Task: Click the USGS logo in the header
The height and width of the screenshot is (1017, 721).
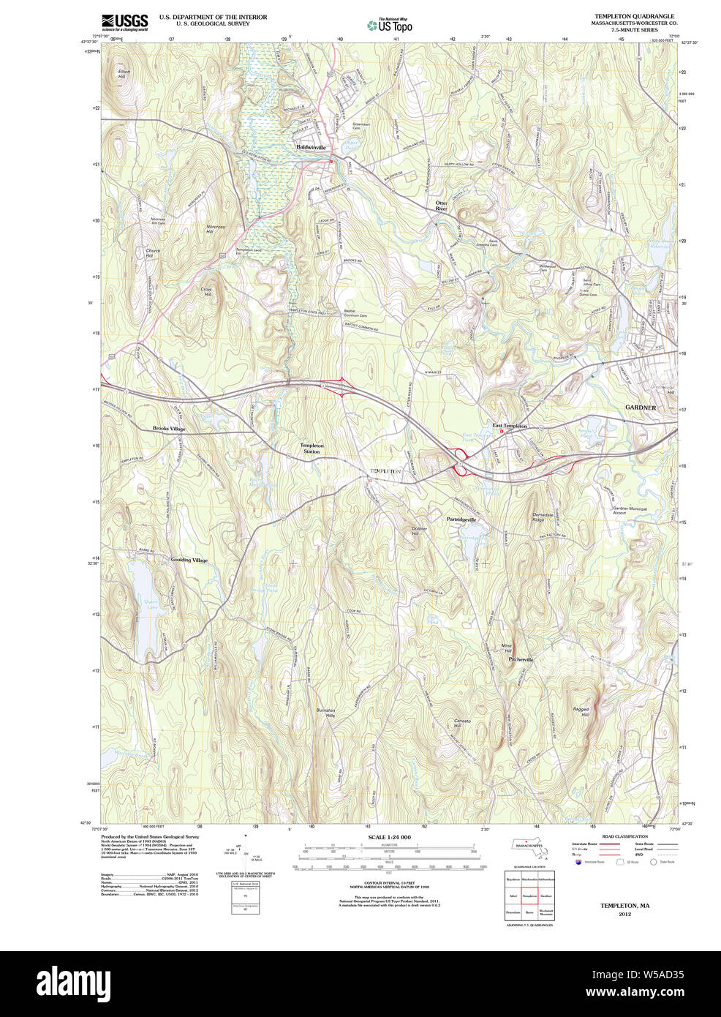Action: [x=124, y=21]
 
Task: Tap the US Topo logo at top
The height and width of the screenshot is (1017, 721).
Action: [x=390, y=25]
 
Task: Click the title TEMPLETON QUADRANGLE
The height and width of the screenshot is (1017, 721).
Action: [x=634, y=16]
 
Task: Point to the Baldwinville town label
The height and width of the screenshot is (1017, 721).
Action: [x=312, y=147]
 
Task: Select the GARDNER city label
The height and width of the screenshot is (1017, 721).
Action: [x=640, y=408]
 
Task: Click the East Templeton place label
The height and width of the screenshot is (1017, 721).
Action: [x=510, y=426]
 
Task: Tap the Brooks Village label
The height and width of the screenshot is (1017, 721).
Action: [x=169, y=429]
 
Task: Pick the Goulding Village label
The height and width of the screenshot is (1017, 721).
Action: [x=189, y=560]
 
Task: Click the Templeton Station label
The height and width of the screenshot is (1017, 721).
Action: [x=312, y=448]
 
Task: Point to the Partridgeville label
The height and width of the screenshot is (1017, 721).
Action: [x=461, y=519]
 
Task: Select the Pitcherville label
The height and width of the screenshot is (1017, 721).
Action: [x=521, y=659]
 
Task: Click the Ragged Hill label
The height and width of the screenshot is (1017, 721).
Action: [x=581, y=711]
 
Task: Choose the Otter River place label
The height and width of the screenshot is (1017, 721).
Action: [x=441, y=205]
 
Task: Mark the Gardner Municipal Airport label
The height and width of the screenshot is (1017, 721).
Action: [x=630, y=511]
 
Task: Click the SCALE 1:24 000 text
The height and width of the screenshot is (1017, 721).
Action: [x=389, y=837]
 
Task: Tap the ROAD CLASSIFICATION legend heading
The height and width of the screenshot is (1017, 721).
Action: [x=624, y=836]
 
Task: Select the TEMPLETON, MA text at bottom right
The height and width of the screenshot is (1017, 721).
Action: [x=624, y=906]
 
